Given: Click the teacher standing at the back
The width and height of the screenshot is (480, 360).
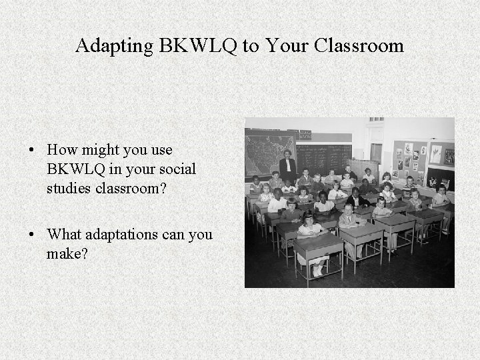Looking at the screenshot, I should tap(288, 167).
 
